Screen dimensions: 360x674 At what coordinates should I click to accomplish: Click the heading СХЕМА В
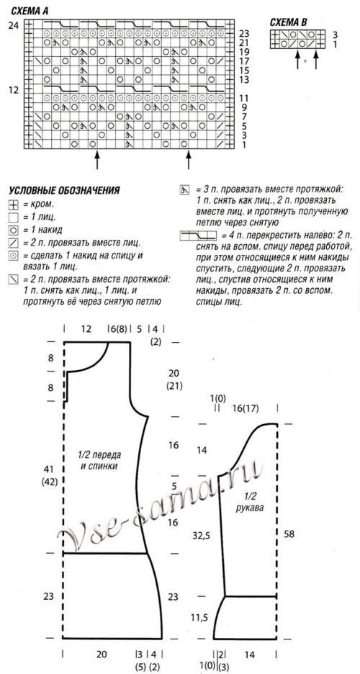tap(288, 22)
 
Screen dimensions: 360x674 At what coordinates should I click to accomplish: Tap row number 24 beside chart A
tap(13, 25)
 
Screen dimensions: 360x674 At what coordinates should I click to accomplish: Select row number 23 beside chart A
tap(244, 34)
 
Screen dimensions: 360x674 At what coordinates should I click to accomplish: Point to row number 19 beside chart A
tap(244, 53)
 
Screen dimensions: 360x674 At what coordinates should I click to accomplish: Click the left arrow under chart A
tap(96, 154)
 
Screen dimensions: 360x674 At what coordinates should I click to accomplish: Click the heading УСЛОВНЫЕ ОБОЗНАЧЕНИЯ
tap(64, 191)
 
